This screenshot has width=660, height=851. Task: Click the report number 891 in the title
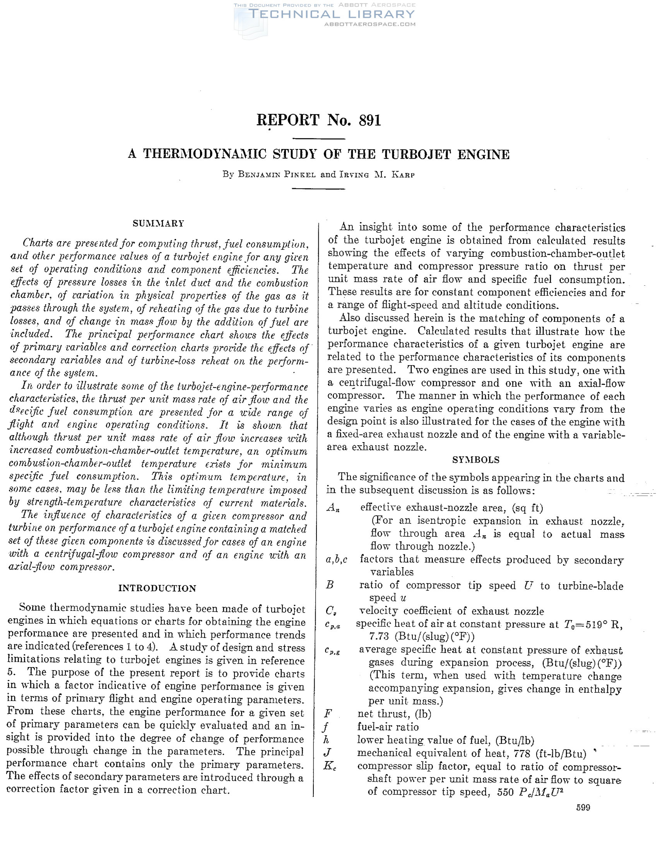point(369,120)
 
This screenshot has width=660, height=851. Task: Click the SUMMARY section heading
point(158,223)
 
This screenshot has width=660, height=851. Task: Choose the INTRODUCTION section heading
point(157,588)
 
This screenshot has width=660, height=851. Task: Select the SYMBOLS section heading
point(475,460)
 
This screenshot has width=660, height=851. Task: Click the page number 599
point(583,807)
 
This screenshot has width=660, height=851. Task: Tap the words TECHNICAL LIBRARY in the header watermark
point(332,14)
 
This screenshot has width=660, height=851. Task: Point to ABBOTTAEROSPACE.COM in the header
point(369,24)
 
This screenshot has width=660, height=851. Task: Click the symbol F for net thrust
point(328,714)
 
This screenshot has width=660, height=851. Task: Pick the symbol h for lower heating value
point(327,739)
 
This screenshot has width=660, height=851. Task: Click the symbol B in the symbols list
point(329,585)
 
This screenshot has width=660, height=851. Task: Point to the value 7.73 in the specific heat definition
point(379,637)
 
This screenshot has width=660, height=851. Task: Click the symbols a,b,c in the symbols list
point(337,560)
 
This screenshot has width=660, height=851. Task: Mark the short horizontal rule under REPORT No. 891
point(318,139)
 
